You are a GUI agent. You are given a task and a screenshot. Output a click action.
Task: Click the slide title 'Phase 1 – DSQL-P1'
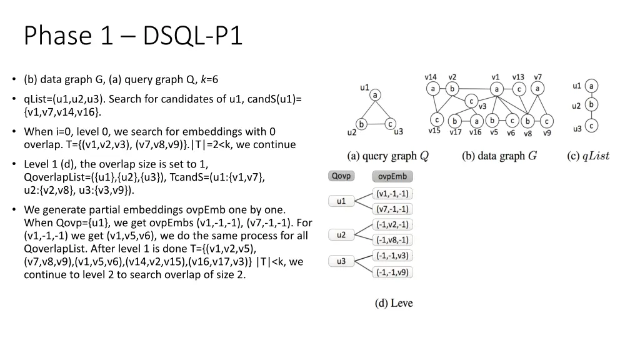point(132,36)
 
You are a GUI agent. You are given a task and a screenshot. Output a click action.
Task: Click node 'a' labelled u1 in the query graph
point(375,95)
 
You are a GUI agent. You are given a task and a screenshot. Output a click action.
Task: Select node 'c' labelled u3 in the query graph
point(389,124)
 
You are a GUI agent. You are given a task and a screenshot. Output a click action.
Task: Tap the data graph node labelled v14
point(433,89)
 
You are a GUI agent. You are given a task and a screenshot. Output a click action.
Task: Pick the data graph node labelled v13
point(518,89)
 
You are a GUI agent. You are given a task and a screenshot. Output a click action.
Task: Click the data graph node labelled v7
point(537,89)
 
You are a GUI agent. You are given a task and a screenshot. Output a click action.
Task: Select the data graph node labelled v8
point(527,121)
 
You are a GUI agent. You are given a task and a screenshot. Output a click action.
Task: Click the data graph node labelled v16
point(476,121)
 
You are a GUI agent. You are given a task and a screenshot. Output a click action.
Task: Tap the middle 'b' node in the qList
point(591,105)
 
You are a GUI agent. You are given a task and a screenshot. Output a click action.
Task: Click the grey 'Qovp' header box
point(341,176)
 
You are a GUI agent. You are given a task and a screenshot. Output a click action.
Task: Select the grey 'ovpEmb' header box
point(392,176)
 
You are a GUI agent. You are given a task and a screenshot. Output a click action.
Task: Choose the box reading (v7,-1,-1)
point(392,209)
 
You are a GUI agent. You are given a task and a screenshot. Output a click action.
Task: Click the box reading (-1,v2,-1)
point(392,224)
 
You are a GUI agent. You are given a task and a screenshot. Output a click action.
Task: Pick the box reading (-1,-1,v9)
point(392,272)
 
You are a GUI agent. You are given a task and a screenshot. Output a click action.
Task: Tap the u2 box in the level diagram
point(341,235)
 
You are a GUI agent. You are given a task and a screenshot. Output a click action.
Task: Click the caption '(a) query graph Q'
point(388,156)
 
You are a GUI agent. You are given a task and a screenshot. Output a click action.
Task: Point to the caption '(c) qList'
point(587,156)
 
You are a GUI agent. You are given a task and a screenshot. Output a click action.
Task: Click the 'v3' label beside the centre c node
point(482,107)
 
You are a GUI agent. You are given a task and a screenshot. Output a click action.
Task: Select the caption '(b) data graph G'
point(499,156)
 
